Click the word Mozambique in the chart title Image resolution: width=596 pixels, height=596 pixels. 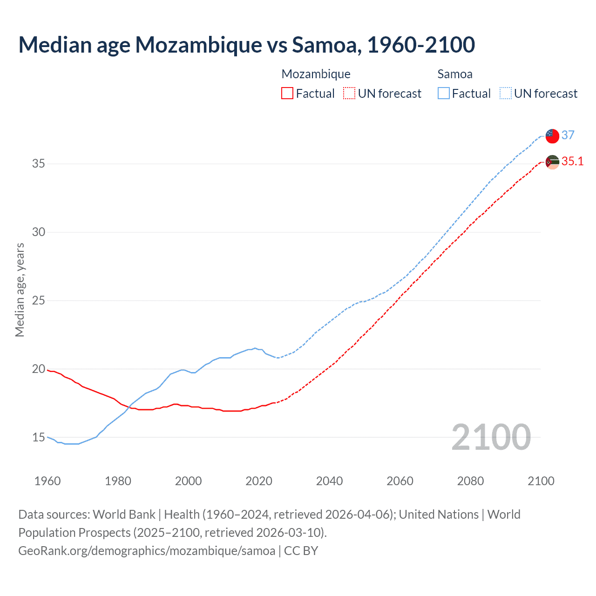click(199, 45)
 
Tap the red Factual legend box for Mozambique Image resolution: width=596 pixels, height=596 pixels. click(287, 94)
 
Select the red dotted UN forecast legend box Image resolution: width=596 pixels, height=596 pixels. click(349, 94)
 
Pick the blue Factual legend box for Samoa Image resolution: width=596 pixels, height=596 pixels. click(444, 94)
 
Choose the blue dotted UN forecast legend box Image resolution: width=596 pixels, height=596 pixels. click(505, 94)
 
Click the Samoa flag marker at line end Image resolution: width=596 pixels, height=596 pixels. click(552, 136)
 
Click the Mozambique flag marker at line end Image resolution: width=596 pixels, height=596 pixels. click(552, 162)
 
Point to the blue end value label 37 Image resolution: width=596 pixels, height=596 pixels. click(568, 135)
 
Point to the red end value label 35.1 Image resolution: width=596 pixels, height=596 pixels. click(572, 161)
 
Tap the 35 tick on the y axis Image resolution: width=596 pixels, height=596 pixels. click(39, 163)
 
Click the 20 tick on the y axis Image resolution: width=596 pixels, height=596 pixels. click(39, 369)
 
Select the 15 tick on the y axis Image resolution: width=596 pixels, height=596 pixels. click(39, 437)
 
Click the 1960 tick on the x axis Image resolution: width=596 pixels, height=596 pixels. click(47, 481)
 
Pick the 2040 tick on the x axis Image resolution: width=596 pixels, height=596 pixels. click(329, 481)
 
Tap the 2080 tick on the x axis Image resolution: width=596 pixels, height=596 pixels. click(470, 481)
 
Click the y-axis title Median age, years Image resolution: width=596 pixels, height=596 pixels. click(20, 290)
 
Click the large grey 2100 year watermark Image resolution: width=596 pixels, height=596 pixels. click(491, 437)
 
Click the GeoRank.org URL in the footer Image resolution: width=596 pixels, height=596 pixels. click(147, 551)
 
